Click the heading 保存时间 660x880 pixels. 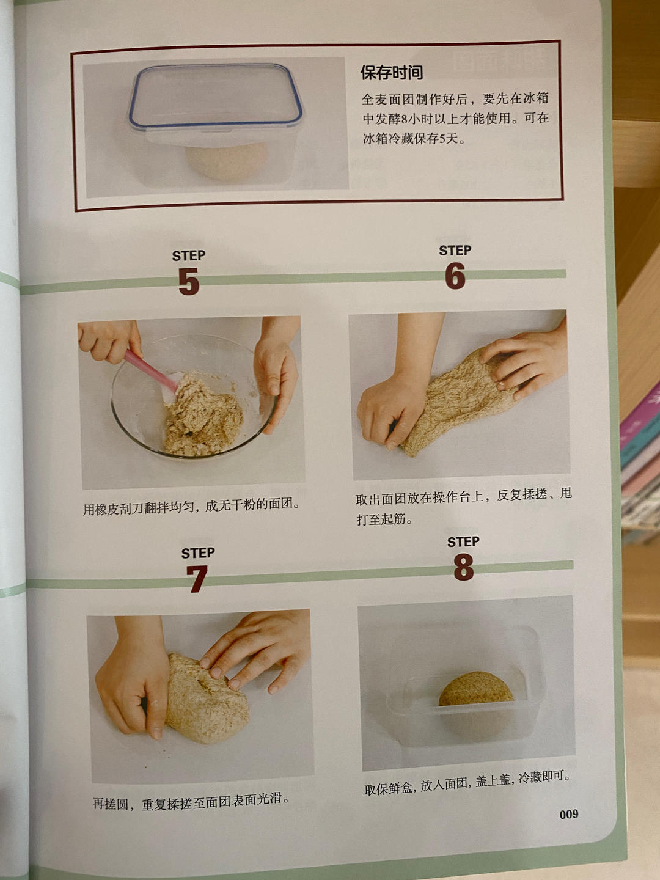[x=391, y=73]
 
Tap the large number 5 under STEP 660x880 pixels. [x=189, y=282]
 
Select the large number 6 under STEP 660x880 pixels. [x=455, y=276]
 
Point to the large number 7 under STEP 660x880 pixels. [x=197, y=579]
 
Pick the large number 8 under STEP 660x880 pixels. [x=463, y=568]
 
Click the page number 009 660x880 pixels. [x=568, y=814]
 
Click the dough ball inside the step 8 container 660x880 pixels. [x=476, y=692]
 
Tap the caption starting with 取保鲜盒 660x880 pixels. [x=467, y=783]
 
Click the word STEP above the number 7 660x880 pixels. [x=197, y=553]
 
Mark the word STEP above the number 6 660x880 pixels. [x=455, y=251]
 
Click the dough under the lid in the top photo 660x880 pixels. [x=226, y=161]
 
